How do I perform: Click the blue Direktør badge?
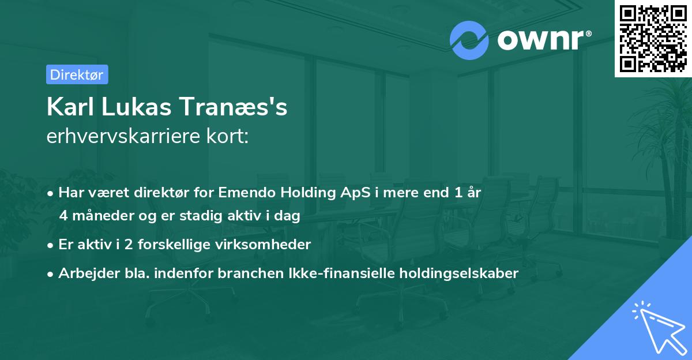(77, 74)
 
